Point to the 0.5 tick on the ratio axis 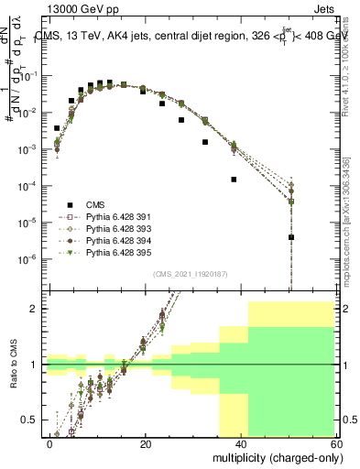point(30,420)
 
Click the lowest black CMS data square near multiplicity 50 point(290,237)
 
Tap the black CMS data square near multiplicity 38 point(234,180)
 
